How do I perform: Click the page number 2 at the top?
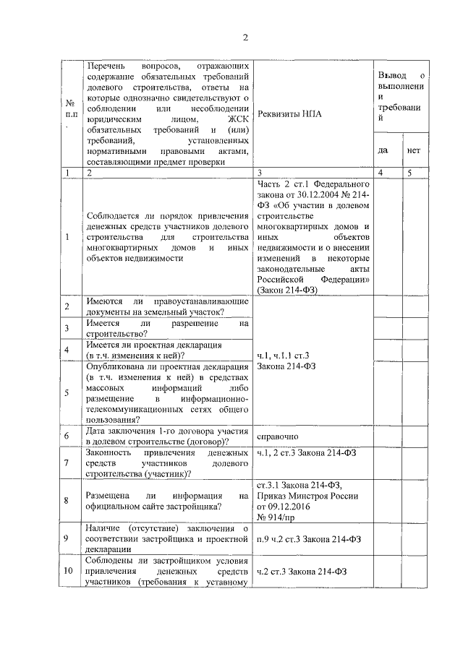click(245, 38)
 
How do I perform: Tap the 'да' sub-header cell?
click(383, 151)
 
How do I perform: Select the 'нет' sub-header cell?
click(414, 151)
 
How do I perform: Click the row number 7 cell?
click(67, 463)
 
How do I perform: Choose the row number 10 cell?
click(67, 571)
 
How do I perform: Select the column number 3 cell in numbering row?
click(259, 173)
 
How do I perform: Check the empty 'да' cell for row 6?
click(383, 436)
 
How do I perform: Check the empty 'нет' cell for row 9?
click(414, 538)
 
